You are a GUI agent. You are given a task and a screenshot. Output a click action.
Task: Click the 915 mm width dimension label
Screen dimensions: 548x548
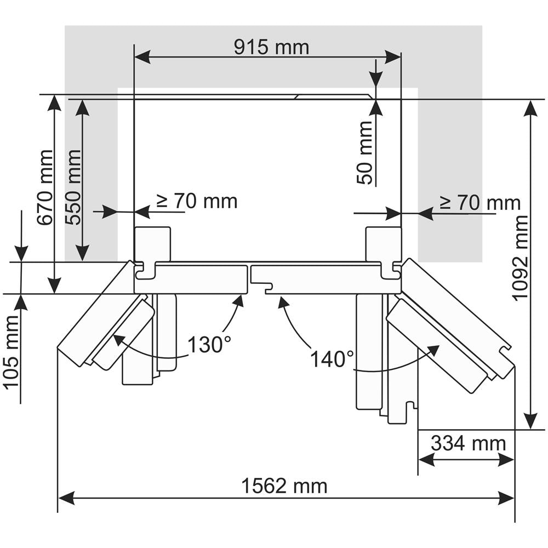(x=271, y=47)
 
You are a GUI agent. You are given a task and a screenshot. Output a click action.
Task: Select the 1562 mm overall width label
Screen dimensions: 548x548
(x=284, y=486)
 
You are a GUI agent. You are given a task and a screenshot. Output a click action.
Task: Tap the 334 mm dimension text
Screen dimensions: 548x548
(x=467, y=443)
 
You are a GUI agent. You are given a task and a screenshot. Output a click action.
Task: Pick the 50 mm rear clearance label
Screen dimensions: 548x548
(x=364, y=152)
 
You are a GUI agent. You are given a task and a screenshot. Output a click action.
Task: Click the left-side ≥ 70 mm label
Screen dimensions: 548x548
(x=197, y=201)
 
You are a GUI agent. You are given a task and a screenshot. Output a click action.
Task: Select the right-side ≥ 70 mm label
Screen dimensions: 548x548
(x=479, y=203)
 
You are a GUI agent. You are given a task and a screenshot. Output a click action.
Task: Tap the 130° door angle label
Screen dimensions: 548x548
(x=209, y=345)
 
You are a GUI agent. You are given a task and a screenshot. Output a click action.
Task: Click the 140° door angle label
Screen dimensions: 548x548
(x=332, y=359)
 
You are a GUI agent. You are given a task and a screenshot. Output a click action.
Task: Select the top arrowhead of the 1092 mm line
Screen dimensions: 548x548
(x=530, y=109)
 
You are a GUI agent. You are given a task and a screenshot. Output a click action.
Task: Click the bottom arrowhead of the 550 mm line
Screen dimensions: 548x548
(x=82, y=253)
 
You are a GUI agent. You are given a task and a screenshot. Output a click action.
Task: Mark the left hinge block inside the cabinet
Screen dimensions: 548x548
(x=152, y=244)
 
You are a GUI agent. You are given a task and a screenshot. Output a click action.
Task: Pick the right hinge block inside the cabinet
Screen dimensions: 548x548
(x=383, y=244)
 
